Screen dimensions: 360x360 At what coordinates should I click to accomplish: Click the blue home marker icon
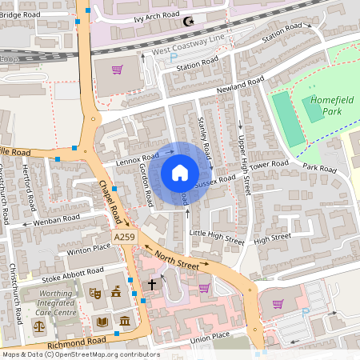click(x=180, y=172)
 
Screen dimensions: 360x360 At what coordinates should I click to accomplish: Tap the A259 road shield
click(x=124, y=238)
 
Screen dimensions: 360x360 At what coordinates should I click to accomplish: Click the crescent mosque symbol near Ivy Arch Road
click(x=190, y=23)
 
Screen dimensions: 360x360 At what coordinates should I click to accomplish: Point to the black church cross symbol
click(x=152, y=283)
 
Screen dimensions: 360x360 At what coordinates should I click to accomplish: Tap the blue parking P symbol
click(x=304, y=311)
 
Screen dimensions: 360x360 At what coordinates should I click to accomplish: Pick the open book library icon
click(x=102, y=322)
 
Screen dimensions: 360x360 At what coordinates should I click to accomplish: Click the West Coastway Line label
click(x=189, y=45)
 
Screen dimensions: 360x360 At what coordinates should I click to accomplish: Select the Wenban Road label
click(x=56, y=218)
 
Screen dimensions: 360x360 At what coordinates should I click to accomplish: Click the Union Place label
click(x=209, y=336)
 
